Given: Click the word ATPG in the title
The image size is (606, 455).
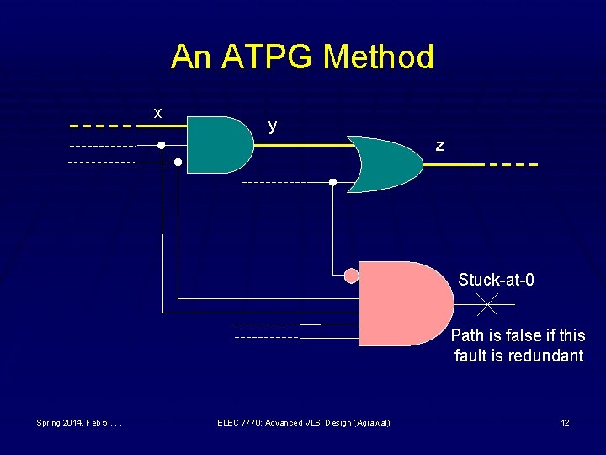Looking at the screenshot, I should [268, 57].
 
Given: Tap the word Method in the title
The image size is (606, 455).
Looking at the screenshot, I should [379, 57].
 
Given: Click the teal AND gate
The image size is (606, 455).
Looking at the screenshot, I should [217, 145].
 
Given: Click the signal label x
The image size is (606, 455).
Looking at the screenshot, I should [157, 113].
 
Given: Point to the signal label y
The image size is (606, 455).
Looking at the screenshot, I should [272, 126].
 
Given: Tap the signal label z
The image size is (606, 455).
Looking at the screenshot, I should [439, 146].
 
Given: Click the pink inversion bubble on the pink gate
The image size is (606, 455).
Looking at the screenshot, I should [352, 275].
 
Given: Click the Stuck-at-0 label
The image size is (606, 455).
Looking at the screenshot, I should [496, 280].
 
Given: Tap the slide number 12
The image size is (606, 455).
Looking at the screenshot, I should [565, 422].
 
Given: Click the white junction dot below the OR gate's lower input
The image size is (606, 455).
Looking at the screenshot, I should [332, 182].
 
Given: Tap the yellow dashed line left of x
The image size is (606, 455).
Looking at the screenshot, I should [101, 126].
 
